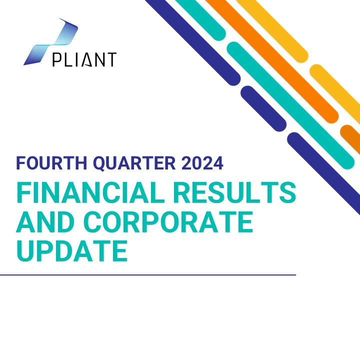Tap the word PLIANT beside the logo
coord(84,59)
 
